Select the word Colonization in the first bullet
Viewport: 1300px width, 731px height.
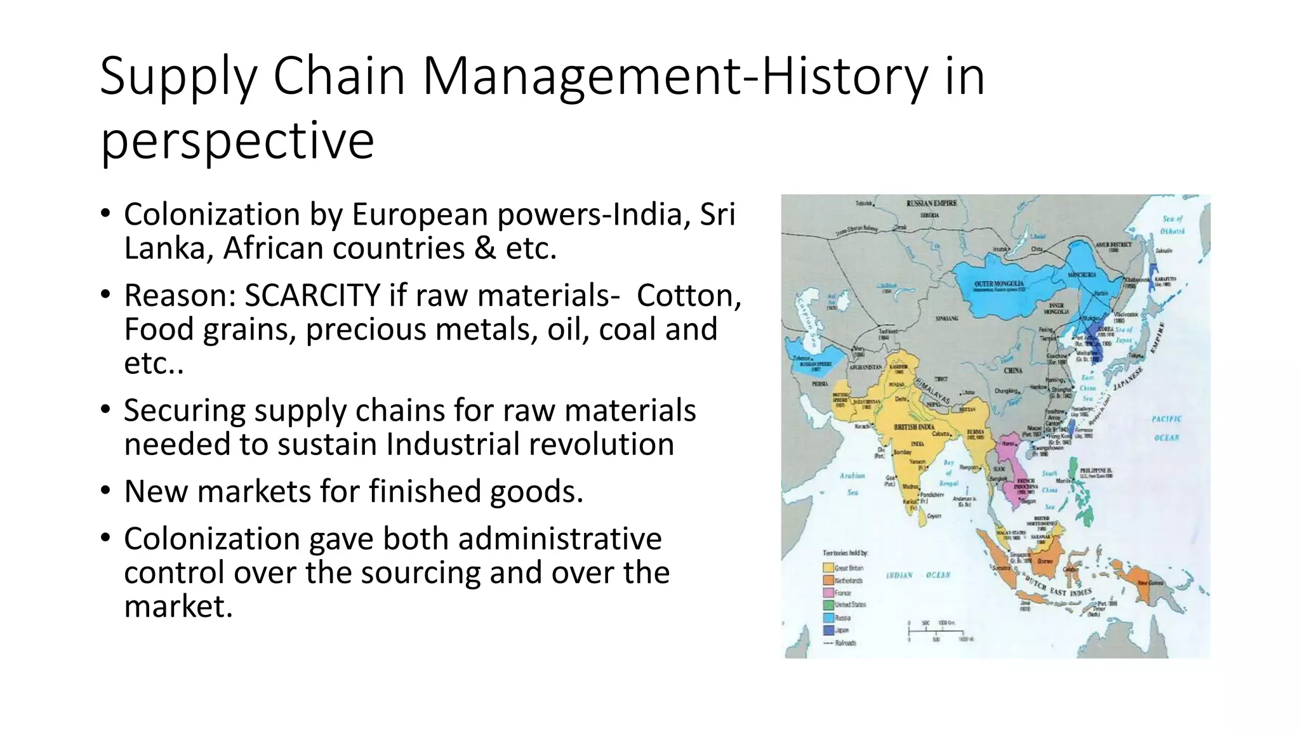[x=212, y=214]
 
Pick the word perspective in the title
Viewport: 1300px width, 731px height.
[x=237, y=141]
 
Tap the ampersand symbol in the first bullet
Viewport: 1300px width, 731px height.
[x=485, y=248]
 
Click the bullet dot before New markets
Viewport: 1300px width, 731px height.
[x=105, y=491]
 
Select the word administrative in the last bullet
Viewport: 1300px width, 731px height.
[x=559, y=539]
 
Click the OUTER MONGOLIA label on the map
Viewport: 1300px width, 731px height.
[x=999, y=284]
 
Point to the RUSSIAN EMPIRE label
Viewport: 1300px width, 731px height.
[x=931, y=203]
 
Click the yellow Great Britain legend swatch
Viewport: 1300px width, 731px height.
[x=828, y=568]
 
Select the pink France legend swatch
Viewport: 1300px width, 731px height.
[x=828, y=593]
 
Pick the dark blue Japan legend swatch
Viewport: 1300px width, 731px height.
[x=828, y=630]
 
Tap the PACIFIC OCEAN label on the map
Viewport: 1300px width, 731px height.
[x=1166, y=428]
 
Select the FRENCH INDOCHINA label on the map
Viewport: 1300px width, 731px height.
[x=1026, y=485]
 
